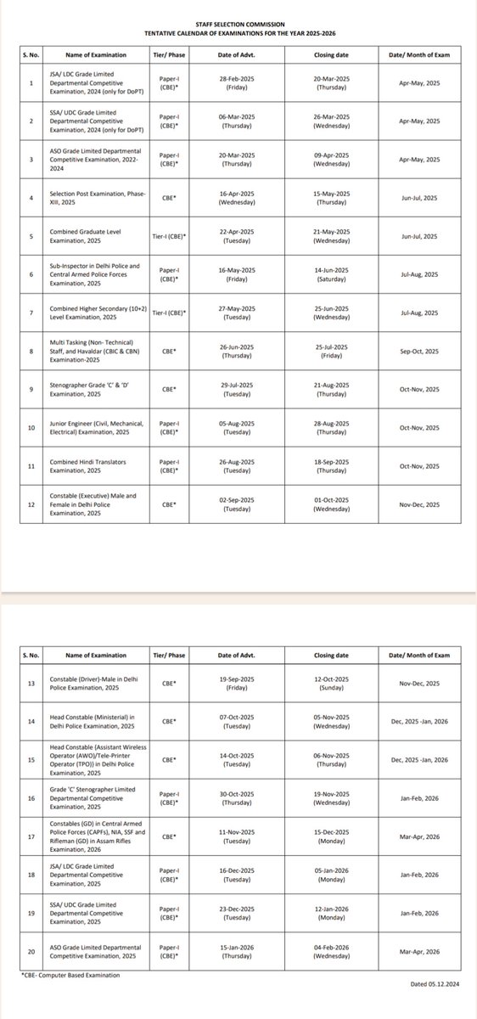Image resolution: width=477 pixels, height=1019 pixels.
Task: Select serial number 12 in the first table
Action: point(31,504)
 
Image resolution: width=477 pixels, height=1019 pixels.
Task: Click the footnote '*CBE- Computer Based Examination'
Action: point(70,976)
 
